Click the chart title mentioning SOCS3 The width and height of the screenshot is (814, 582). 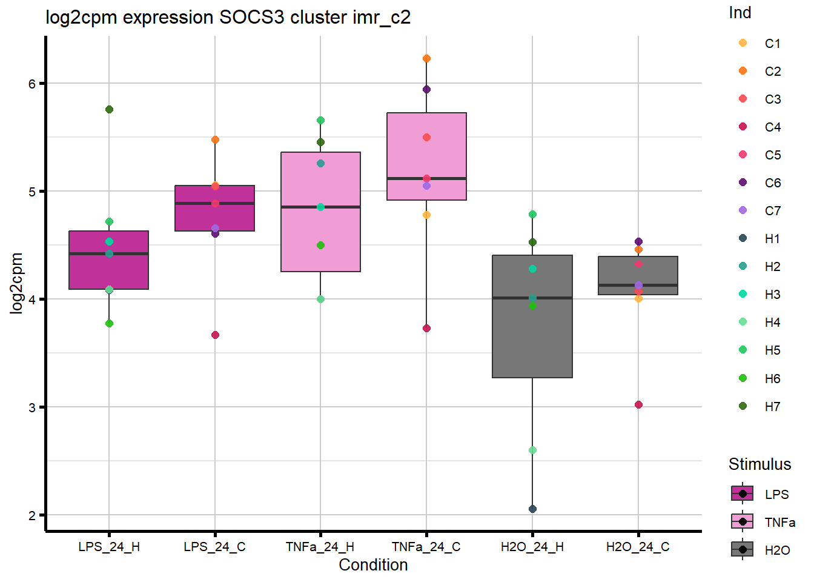[x=228, y=17]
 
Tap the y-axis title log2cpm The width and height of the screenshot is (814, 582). [x=16, y=283]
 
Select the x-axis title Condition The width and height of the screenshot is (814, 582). [x=373, y=565]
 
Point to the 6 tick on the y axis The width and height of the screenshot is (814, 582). [x=32, y=84]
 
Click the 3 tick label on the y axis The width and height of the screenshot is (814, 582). [x=32, y=407]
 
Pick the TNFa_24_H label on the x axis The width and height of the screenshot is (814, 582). [x=320, y=547]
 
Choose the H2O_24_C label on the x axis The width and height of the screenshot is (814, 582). [x=638, y=547]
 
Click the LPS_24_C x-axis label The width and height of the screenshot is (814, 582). [x=214, y=547]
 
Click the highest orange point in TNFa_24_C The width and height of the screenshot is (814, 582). [x=426, y=59]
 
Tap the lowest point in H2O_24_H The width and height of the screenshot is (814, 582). [x=532, y=509]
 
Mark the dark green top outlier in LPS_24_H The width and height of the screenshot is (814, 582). [x=109, y=110]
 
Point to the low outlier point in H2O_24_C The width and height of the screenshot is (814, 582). [x=638, y=404]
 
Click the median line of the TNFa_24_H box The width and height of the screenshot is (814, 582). [x=320, y=207]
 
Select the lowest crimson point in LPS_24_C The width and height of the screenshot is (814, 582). [x=215, y=335]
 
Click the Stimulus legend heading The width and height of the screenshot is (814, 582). [x=759, y=464]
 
